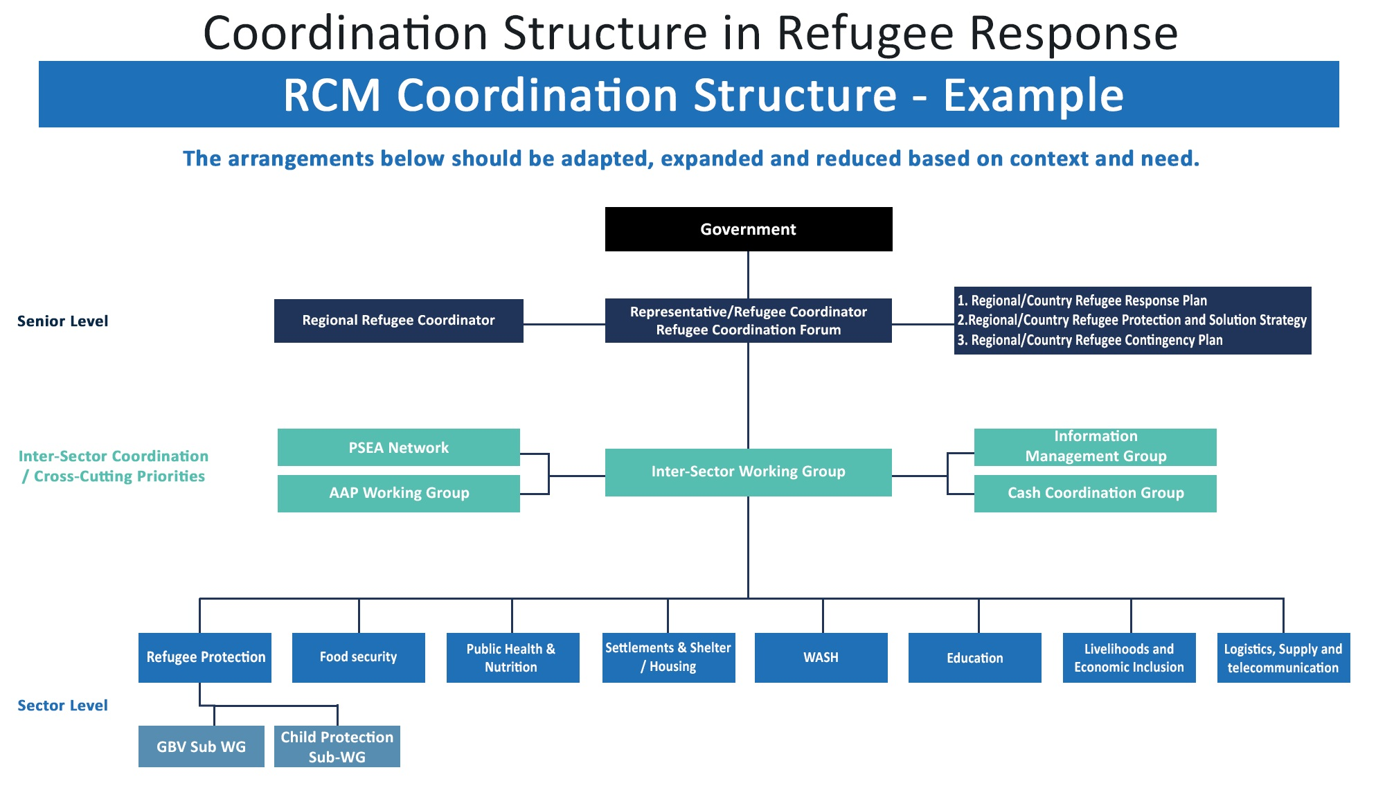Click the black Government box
click(748, 229)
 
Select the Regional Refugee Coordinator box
click(398, 321)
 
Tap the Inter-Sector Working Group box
click(748, 472)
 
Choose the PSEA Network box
click(398, 447)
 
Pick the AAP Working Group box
click(398, 493)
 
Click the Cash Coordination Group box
click(1095, 493)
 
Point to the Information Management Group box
click(1095, 447)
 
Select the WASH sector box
click(821, 657)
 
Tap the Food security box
click(358, 657)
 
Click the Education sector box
click(974, 657)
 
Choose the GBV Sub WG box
click(201, 746)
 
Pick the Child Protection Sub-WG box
click(337, 746)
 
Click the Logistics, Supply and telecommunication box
click(1283, 658)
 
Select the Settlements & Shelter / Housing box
click(668, 657)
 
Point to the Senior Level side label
click(62, 321)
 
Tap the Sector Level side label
click(62, 706)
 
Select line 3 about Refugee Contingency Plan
click(1090, 340)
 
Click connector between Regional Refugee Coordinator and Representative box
click(564, 324)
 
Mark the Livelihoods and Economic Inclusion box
click(1129, 658)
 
